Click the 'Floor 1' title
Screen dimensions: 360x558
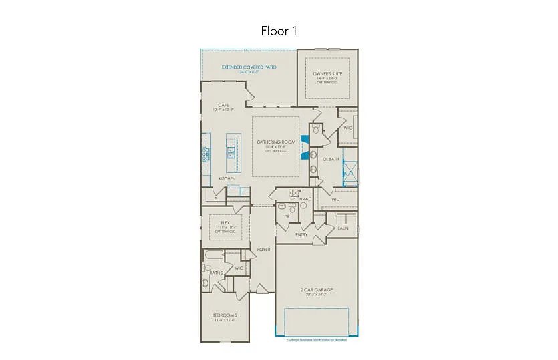(x=279, y=31)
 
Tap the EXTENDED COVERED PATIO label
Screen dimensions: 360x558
(x=249, y=67)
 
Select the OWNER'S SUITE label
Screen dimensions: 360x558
(x=327, y=73)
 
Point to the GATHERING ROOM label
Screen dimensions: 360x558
(x=275, y=142)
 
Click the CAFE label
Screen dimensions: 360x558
(x=224, y=105)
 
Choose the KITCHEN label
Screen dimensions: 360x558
(x=227, y=179)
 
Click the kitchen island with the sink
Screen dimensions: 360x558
(x=231, y=154)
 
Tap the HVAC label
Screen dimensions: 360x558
(x=306, y=199)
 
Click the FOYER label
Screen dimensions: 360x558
(x=264, y=250)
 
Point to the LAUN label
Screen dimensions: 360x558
(x=343, y=228)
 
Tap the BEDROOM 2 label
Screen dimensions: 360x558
(x=225, y=315)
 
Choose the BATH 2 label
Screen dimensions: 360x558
(x=216, y=273)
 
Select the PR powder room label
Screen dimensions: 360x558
(x=287, y=217)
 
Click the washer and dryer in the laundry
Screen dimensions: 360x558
(x=345, y=218)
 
